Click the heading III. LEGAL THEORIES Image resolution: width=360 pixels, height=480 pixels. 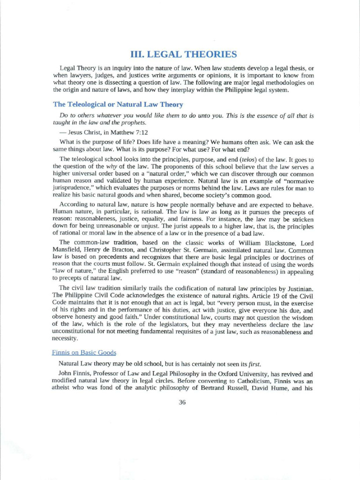pos(183,54)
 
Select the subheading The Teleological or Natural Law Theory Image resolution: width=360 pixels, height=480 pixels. pos(118,104)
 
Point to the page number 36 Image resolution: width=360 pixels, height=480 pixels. pos(183,402)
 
